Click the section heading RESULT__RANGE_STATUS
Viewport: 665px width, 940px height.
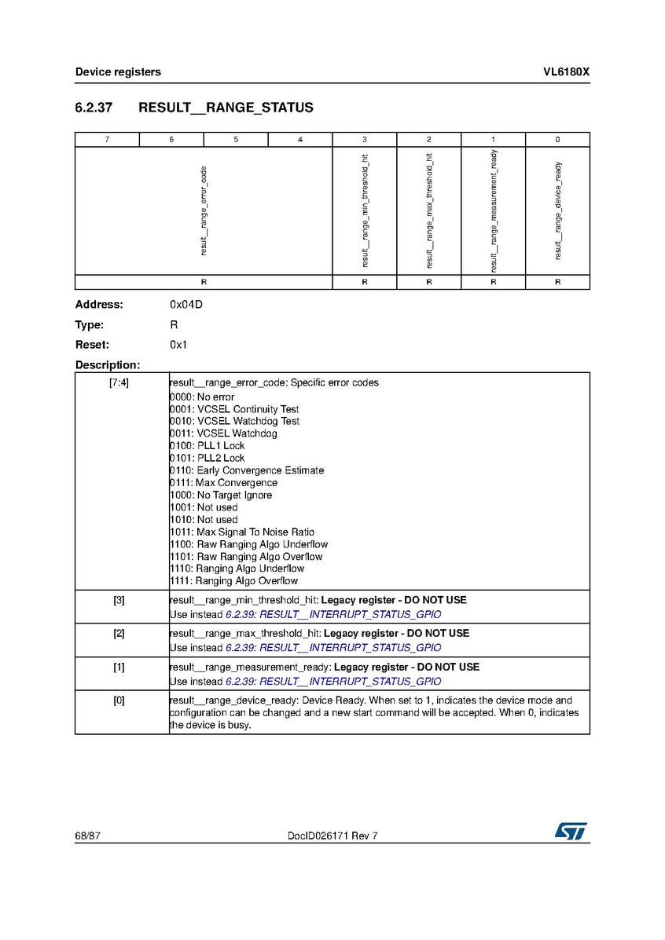pyautogui.click(x=226, y=108)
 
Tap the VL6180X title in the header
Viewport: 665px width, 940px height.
pyautogui.click(x=566, y=72)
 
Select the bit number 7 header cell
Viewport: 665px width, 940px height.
pyautogui.click(x=107, y=140)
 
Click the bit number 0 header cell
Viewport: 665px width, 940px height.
pyautogui.click(x=557, y=140)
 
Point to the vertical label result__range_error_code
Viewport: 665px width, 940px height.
pyautogui.click(x=204, y=210)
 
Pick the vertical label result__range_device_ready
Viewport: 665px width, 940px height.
pyautogui.click(x=557, y=210)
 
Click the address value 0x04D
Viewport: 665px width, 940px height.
pyautogui.click(x=186, y=305)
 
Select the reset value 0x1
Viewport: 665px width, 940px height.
pyautogui.click(x=178, y=345)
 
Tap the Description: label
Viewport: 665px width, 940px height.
pyautogui.click(x=108, y=365)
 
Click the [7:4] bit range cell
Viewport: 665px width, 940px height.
pyautogui.click(x=119, y=383)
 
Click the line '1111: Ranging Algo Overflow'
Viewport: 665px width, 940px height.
pyautogui.click(x=234, y=581)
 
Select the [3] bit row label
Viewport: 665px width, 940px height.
pyautogui.click(x=119, y=601)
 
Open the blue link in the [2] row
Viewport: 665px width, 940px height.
pyautogui.click(x=333, y=648)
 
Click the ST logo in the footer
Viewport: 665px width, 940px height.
pyautogui.click(x=571, y=832)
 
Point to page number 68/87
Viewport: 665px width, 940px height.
pyautogui.click(x=88, y=836)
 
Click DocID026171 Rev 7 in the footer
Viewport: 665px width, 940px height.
pyautogui.click(x=333, y=836)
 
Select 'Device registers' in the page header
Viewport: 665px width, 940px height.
pyautogui.click(x=118, y=72)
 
